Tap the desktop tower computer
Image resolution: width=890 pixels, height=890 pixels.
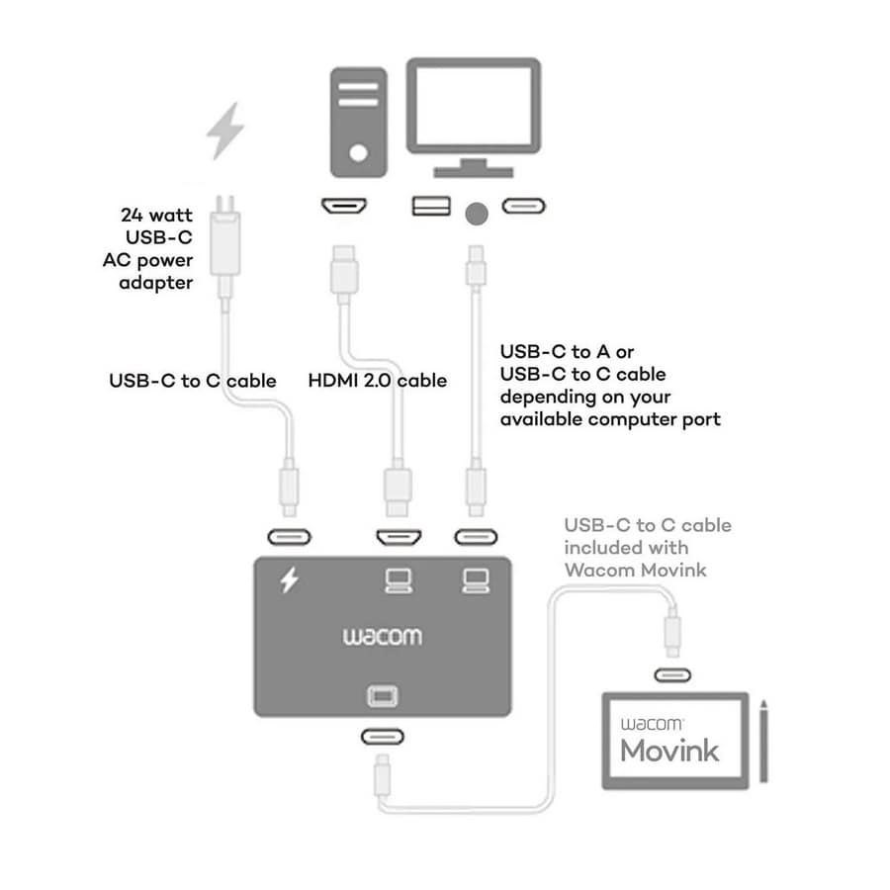pos(357,121)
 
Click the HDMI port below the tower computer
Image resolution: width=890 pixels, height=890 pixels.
pos(344,208)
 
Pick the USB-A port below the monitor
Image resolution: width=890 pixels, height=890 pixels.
pos(431,207)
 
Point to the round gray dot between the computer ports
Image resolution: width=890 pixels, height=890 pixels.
pos(478,211)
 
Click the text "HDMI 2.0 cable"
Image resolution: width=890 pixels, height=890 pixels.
pos(378,380)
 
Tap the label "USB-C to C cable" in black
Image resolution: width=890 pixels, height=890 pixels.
pos(192,380)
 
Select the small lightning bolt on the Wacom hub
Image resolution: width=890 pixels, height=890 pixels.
pos(289,580)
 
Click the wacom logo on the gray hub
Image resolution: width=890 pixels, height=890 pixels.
pos(382,636)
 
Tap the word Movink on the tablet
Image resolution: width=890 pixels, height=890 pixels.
pos(669,750)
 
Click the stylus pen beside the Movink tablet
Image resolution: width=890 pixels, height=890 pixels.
pos(763,743)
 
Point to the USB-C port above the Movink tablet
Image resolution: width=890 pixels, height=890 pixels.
pos(673,676)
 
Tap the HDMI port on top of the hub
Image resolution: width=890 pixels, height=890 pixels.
pos(398,538)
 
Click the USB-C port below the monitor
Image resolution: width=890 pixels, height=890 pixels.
pos(523,207)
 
